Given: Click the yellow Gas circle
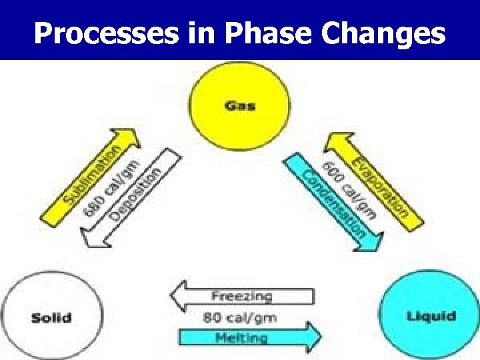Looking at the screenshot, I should coord(239,106).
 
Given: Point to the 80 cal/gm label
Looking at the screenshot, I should coord(239,317).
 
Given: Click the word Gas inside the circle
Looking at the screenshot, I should coord(239,106).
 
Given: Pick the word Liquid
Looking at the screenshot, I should coord(431,316).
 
